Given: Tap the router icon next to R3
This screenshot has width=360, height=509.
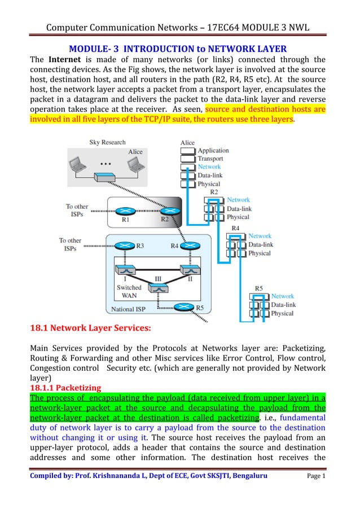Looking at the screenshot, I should [x=124, y=245].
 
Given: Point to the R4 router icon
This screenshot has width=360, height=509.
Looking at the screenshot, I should [x=192, y=245].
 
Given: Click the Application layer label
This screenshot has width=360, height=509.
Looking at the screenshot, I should [x=213, y=151].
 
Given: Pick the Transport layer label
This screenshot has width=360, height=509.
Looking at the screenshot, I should [x=211, y=159].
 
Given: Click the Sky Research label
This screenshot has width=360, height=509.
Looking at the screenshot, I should [x=107, y=142].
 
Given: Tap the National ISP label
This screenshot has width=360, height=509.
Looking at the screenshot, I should [x=130, y=309].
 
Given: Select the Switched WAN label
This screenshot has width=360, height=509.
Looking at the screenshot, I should [x=129, y=291].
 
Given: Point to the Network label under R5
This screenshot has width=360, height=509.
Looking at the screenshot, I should [x=282, y=296].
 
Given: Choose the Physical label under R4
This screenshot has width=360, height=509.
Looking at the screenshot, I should [x=260, y=253].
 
